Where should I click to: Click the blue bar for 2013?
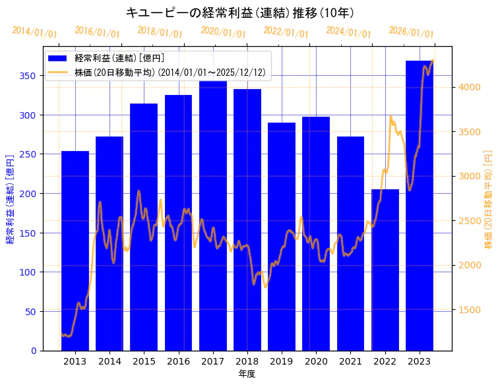point(75,251)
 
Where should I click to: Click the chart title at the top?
point(240,13)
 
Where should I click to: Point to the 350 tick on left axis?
point(28,76)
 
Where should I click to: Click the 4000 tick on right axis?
point(470,87)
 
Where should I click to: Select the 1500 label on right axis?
point(470,310)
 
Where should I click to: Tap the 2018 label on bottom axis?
point(247,361)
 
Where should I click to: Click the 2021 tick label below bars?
point(350,361)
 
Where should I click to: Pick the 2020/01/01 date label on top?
point(223,32)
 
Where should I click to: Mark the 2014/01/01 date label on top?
point(34,32)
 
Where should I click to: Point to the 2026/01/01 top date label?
point(412,32)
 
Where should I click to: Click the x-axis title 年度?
point(247,374)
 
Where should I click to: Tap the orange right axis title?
point(489,198)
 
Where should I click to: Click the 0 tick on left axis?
point(34,351)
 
